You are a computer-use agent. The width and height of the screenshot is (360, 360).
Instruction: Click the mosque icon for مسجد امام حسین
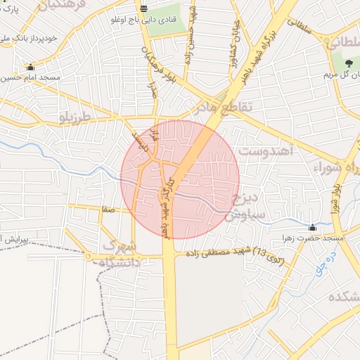[x=30, y=67]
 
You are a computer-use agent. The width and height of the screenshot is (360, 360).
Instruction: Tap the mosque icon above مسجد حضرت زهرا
[x=312, y=228]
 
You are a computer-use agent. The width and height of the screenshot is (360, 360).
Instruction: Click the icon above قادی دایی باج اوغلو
[x=144, y=9]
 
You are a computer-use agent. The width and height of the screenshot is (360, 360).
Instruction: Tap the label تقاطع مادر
[x=218, y=108]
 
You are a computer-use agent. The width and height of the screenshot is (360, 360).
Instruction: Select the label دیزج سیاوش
[x=240, y=208]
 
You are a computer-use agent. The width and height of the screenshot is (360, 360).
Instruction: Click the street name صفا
[x=108, y=209]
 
